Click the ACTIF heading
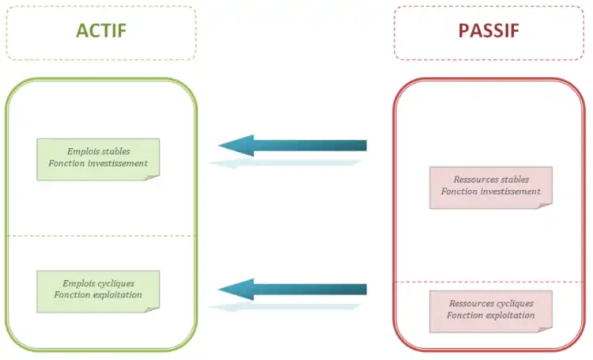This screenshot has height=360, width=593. coord(101,31)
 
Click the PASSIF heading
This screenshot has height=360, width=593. coord(489,31)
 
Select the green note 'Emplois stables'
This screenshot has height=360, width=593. coord(98,157)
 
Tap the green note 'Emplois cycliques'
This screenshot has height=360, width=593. coord(98,290)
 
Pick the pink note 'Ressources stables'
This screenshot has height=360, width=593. coord(491,186)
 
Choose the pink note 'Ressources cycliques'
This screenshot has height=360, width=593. coord(491,310)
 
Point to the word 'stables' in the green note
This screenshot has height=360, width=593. coord(115,151)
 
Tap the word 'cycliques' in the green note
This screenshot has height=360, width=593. coord(118,283)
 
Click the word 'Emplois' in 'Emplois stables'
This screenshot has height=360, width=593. coord(82,151)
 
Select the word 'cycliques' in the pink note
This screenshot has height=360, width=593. coord(511,304)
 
